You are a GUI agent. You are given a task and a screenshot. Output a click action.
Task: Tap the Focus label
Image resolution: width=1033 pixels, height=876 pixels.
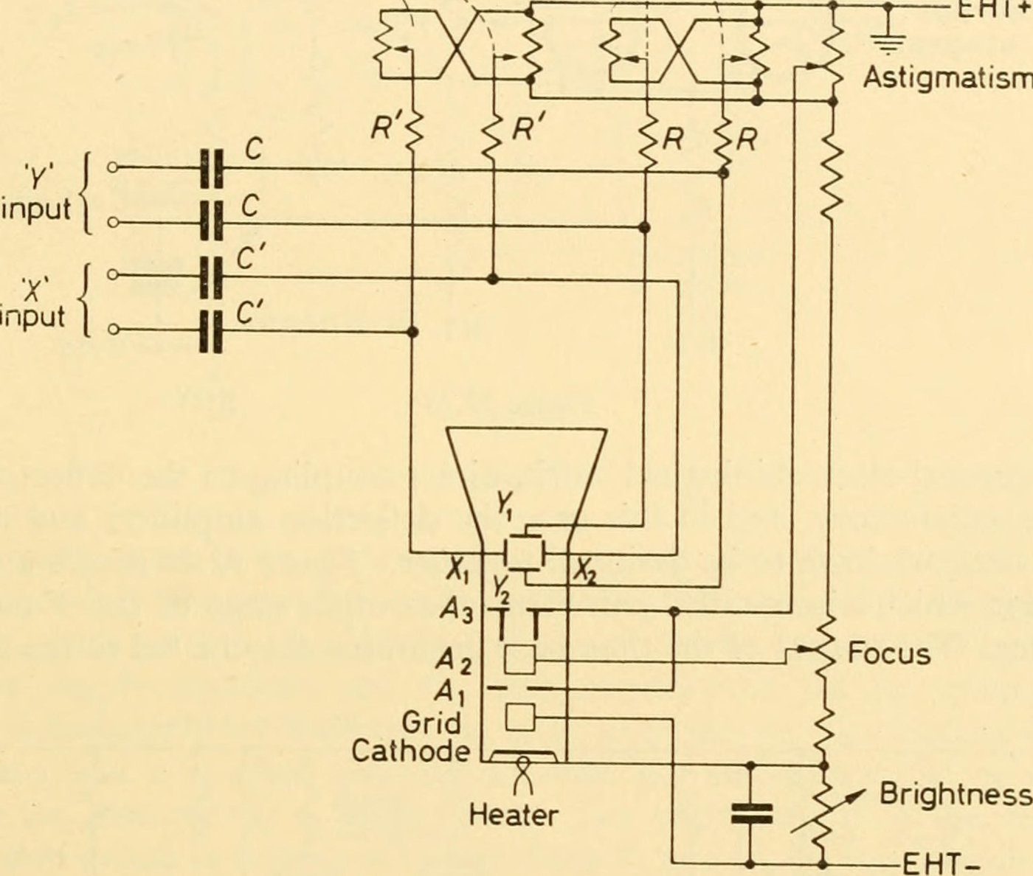(888, 653)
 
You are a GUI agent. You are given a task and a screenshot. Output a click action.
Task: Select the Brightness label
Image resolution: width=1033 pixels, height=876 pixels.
(955, 794)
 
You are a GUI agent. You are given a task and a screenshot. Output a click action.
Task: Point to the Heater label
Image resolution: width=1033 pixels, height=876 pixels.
(514, 816)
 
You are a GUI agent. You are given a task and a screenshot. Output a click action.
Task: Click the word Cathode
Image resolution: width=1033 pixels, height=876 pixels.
(410, 751)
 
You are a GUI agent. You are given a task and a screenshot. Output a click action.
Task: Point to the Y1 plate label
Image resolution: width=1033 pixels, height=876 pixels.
(505, 506)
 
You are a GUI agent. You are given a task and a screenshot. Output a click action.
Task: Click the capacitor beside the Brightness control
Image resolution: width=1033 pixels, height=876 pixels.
(751, 814)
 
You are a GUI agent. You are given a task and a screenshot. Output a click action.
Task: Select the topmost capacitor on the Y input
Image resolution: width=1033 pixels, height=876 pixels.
(212, 169)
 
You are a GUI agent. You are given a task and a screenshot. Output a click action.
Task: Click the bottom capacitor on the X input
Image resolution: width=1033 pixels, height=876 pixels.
(212, 330)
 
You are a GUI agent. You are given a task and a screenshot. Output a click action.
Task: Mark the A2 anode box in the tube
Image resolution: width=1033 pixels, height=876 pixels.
(519, 658)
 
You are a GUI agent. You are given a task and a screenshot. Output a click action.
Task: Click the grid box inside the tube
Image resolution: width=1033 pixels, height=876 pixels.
(519, 717)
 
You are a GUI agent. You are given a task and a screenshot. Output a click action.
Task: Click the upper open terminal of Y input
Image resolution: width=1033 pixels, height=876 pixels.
(112, 168)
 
